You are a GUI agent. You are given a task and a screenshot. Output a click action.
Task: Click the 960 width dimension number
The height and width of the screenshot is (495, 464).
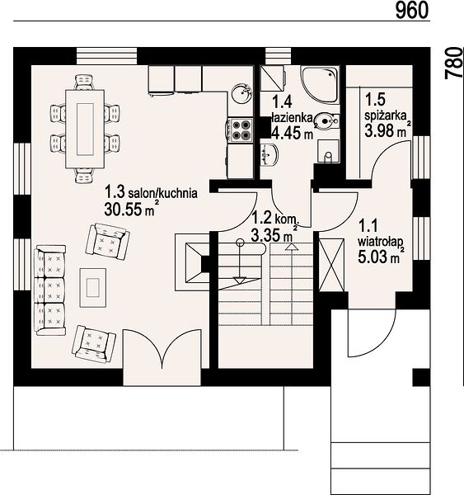(412, 10)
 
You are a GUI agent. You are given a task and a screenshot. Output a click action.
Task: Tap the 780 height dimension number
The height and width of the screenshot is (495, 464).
(453, 63)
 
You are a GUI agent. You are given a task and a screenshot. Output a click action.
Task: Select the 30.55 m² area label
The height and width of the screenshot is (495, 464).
(130, 209)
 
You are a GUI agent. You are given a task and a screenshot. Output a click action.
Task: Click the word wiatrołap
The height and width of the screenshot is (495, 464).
(381, 242)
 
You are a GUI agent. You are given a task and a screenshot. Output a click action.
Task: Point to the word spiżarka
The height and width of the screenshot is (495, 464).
(386, 115)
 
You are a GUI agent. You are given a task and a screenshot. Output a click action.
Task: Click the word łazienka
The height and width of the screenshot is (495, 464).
(292, 118)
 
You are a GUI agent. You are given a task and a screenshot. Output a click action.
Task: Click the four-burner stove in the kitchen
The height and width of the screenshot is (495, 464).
(241, 130)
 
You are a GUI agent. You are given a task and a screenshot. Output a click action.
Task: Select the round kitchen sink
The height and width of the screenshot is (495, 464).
(242, 92)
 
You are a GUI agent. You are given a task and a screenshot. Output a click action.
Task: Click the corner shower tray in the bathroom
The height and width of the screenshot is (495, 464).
(320, 84)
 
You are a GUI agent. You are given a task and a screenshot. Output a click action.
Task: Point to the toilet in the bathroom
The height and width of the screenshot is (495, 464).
(327, 120)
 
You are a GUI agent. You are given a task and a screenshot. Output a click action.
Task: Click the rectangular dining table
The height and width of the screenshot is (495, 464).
(85, 129)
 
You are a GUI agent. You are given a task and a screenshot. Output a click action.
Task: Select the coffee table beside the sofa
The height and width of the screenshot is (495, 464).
(93, 288)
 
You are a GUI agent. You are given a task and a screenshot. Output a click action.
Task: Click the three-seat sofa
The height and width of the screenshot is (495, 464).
(50, 290)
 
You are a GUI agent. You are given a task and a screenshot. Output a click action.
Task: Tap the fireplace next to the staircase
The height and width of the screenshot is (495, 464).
(192, 262)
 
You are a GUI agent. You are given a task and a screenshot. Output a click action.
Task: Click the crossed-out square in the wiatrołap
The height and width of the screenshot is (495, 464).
(331, 265)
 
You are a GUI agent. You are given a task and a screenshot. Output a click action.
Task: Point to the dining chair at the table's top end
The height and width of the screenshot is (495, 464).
(84, 82)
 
